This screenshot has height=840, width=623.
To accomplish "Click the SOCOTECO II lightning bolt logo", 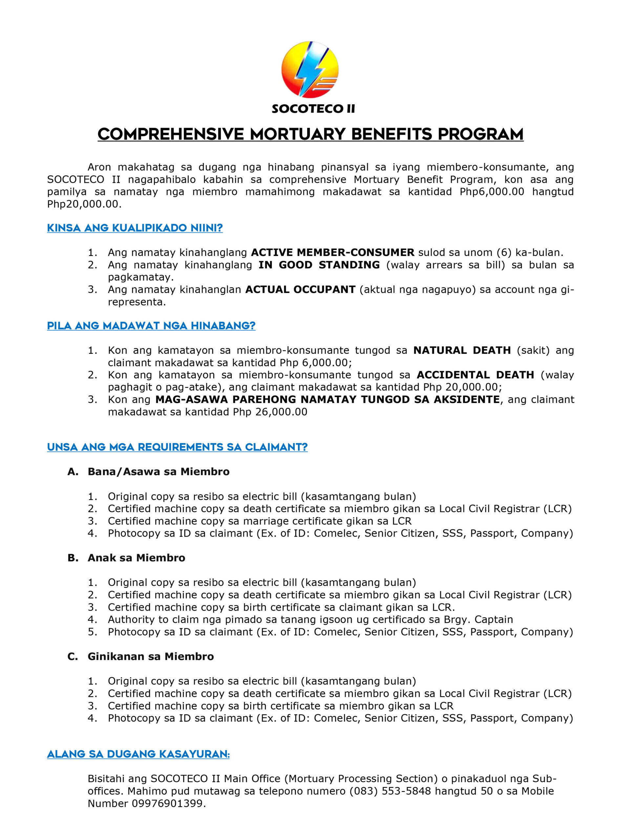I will tap(310, 70).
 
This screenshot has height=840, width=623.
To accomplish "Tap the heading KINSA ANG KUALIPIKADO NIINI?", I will tap(135, 228).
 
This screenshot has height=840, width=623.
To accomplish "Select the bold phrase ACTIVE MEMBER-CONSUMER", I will tap(332, 252).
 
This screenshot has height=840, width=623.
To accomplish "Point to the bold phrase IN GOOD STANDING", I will tap(319, 265).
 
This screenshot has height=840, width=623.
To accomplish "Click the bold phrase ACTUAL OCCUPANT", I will tap(300, 289).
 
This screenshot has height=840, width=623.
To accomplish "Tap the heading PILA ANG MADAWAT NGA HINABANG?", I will tap(151, 326).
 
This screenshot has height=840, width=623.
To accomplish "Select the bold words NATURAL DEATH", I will tap(462, 350).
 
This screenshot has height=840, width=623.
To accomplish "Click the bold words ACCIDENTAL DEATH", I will tap(475, 375).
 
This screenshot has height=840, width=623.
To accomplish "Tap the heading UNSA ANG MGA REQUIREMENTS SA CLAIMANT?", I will tap(177, 447).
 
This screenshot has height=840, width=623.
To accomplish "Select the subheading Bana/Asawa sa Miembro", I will tap(159, 472).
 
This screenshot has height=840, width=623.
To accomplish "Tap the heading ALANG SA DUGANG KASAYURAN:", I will tap(138, 754).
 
